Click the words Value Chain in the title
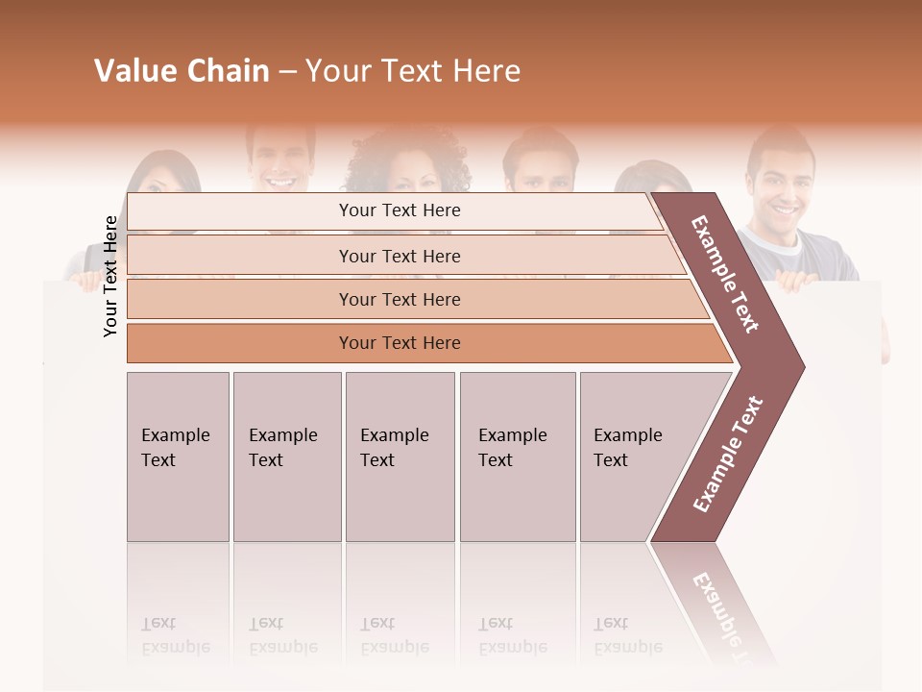(182, 71)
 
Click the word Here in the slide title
(486, 71)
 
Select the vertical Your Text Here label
(110, 276)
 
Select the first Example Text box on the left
(178, 457)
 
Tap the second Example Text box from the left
(286, 457)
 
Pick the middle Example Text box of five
(400, 457)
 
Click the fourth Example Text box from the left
(517, 457)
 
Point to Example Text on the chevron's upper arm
(725, 274)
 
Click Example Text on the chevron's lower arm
(728, 455)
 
